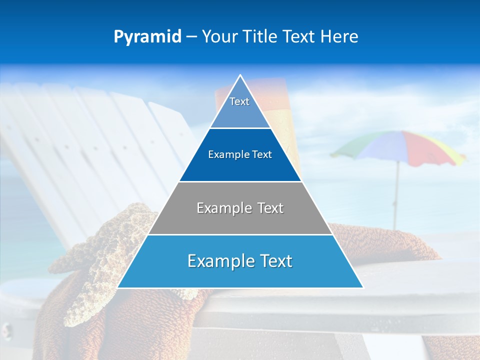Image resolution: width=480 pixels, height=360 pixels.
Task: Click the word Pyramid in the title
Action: tap(147, 36)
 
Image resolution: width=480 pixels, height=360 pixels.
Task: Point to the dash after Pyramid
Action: tap(191, 37)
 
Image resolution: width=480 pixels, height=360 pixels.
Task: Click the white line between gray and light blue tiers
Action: tap(240, 234)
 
